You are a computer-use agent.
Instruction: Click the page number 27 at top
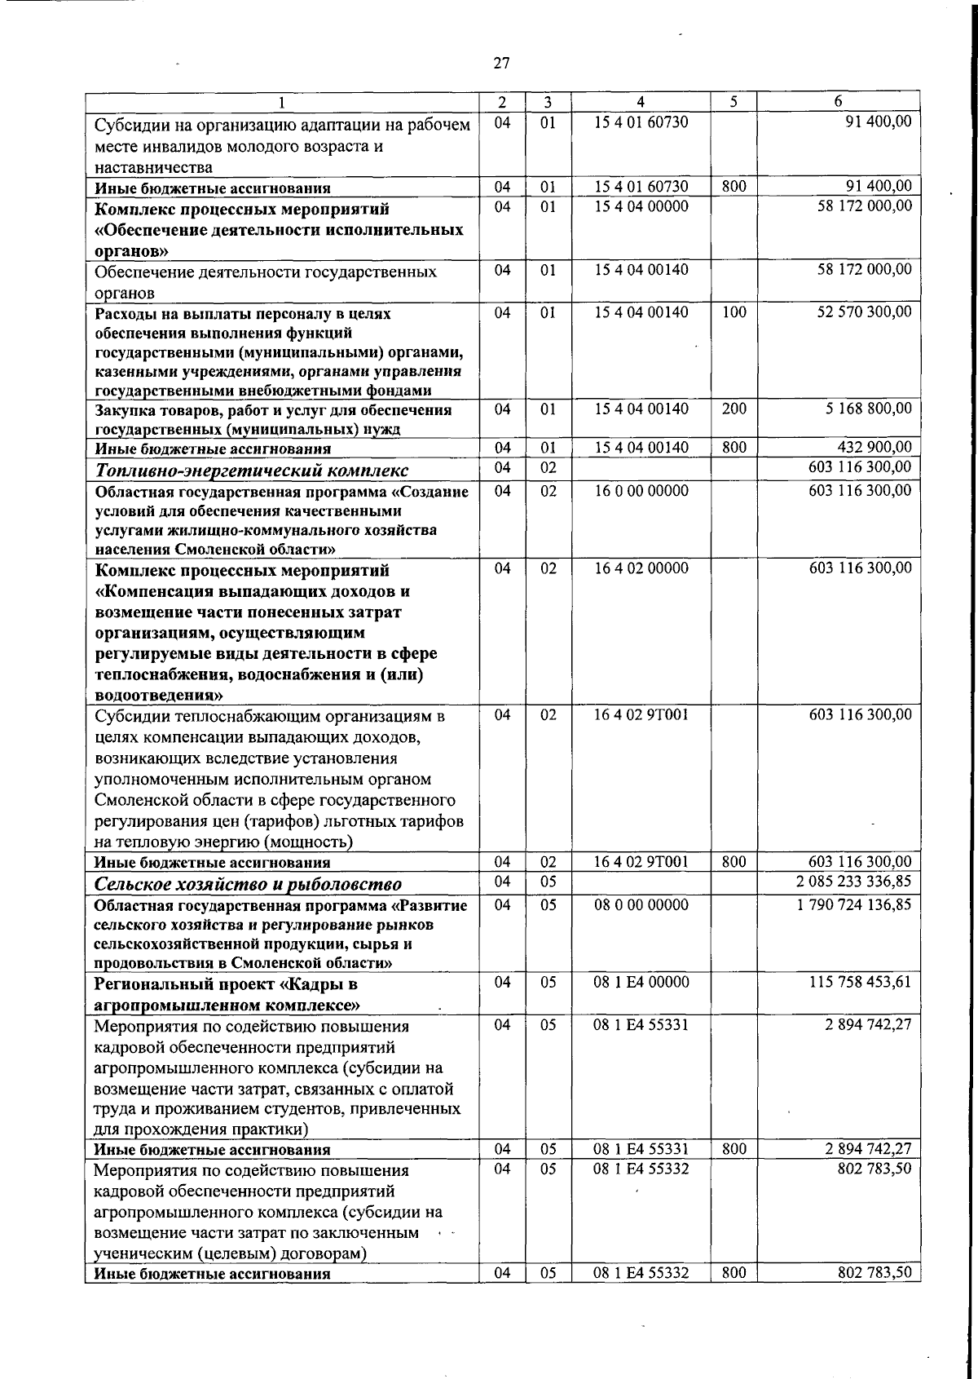501,63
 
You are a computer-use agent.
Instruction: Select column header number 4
641,102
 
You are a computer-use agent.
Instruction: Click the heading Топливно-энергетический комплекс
252,471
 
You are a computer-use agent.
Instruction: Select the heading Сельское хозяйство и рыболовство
248,885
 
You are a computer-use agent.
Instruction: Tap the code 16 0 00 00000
641,491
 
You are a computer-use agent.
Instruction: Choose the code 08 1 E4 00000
641,983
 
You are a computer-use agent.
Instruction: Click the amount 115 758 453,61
860,983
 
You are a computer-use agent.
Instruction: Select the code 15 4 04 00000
641,206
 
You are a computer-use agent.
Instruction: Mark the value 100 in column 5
733,312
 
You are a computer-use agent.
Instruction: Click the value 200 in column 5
733,408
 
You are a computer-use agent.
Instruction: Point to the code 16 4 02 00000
641,568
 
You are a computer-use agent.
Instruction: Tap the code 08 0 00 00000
641,904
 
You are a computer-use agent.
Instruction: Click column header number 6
838,102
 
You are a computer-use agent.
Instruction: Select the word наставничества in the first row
153,168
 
